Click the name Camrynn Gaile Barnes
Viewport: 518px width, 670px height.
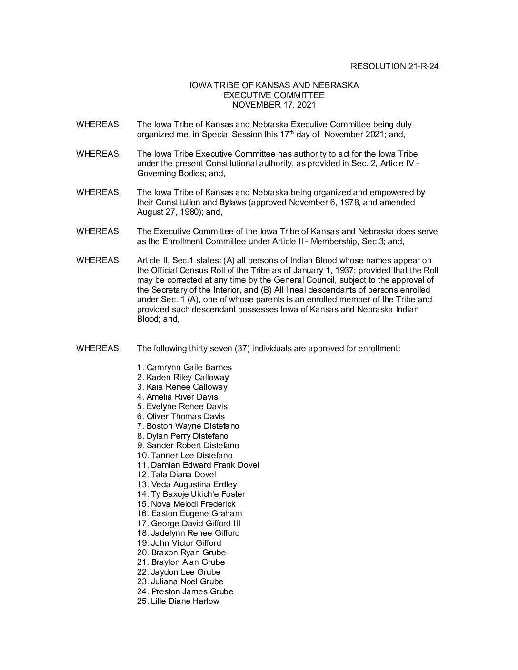(189, 367)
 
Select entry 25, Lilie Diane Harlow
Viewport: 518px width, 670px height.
(185, 601)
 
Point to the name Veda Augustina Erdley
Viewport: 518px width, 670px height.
(194, 484)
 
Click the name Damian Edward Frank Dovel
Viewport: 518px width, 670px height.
(205, 465)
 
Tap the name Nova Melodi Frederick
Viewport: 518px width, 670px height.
(193, 504)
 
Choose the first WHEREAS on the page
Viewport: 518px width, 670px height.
(99, 124)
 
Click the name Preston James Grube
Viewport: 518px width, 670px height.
(192, 591)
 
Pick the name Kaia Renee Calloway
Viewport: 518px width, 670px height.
(187, 387)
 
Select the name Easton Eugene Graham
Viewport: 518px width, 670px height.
(196, 514)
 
